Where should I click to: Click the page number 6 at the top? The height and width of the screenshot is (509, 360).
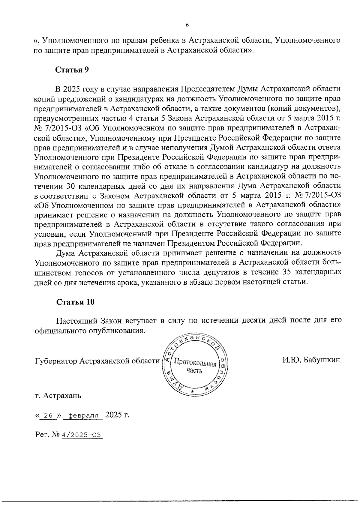187,25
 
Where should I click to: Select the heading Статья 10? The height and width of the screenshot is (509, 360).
76,302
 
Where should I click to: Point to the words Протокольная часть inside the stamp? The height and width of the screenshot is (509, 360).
195,367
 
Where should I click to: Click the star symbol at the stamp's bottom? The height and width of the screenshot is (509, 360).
192,392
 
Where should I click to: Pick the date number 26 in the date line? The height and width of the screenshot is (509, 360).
48,416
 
